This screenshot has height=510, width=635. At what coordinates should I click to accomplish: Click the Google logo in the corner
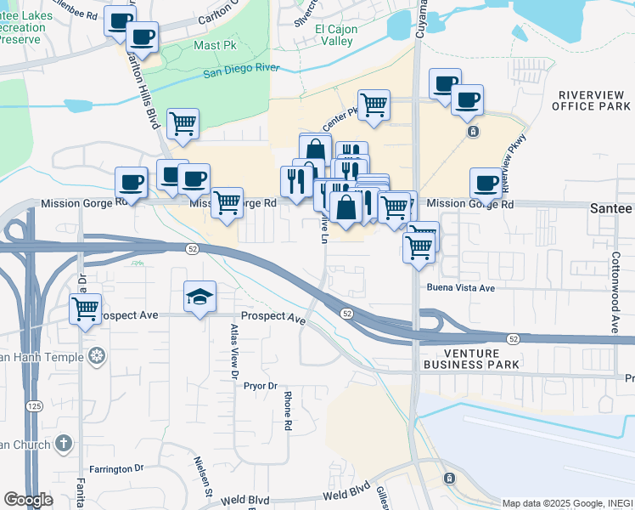point(28,500)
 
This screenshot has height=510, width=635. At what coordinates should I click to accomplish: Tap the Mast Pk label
point(215,45)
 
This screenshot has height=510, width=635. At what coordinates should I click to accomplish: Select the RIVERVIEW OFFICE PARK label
point(590,100)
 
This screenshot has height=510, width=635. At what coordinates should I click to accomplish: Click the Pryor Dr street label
point(261,386)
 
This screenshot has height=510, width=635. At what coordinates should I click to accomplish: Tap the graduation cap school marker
point(199,297)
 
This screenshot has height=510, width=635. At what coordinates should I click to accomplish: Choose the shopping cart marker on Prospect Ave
point(85,309)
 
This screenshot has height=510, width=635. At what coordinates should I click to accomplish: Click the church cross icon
point(64,443)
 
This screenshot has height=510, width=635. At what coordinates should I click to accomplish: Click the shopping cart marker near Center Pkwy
point(374,105)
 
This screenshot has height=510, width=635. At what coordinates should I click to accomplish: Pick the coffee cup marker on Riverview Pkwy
point(486,182)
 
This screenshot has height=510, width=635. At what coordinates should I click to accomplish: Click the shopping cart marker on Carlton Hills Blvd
point(183,123)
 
